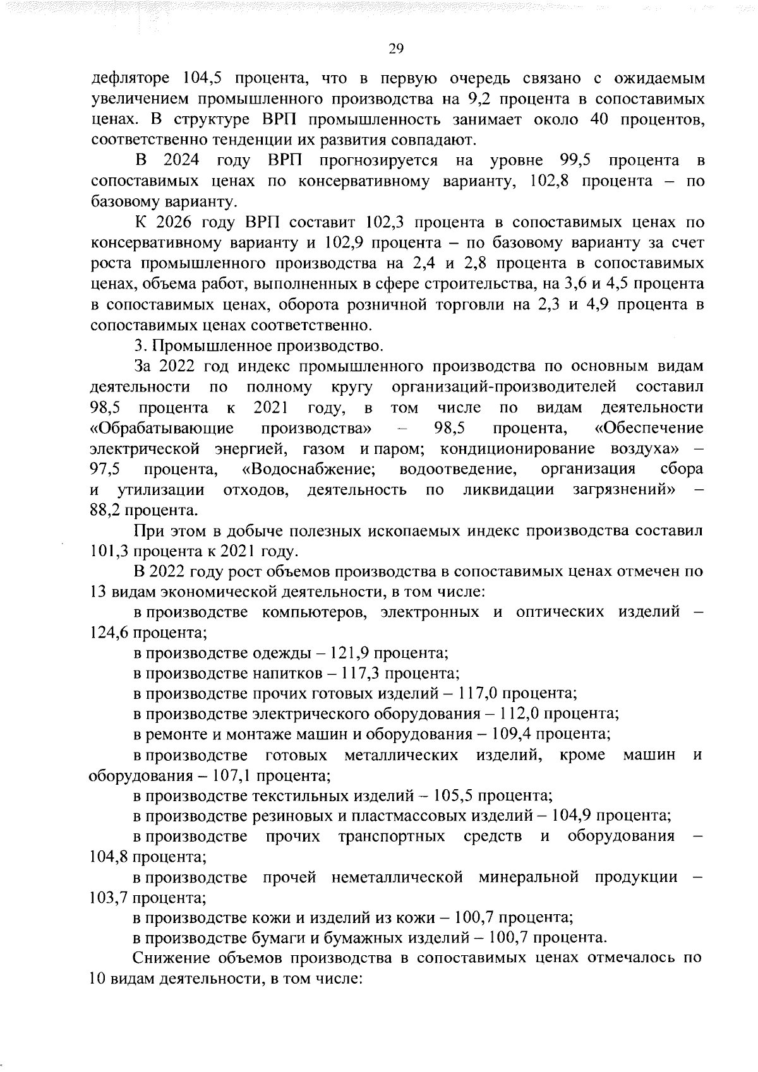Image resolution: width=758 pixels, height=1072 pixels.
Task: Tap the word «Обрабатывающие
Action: tap(162, 428)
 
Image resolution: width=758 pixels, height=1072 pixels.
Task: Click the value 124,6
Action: tap(110, 633)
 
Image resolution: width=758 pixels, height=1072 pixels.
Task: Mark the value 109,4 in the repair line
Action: tap(515, 734)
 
